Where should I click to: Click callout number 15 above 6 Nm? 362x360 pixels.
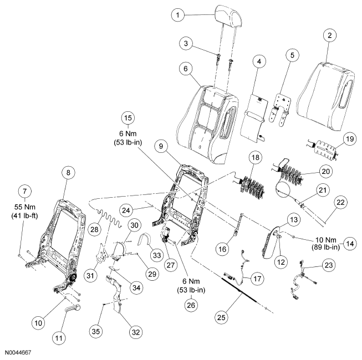(128, 119)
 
